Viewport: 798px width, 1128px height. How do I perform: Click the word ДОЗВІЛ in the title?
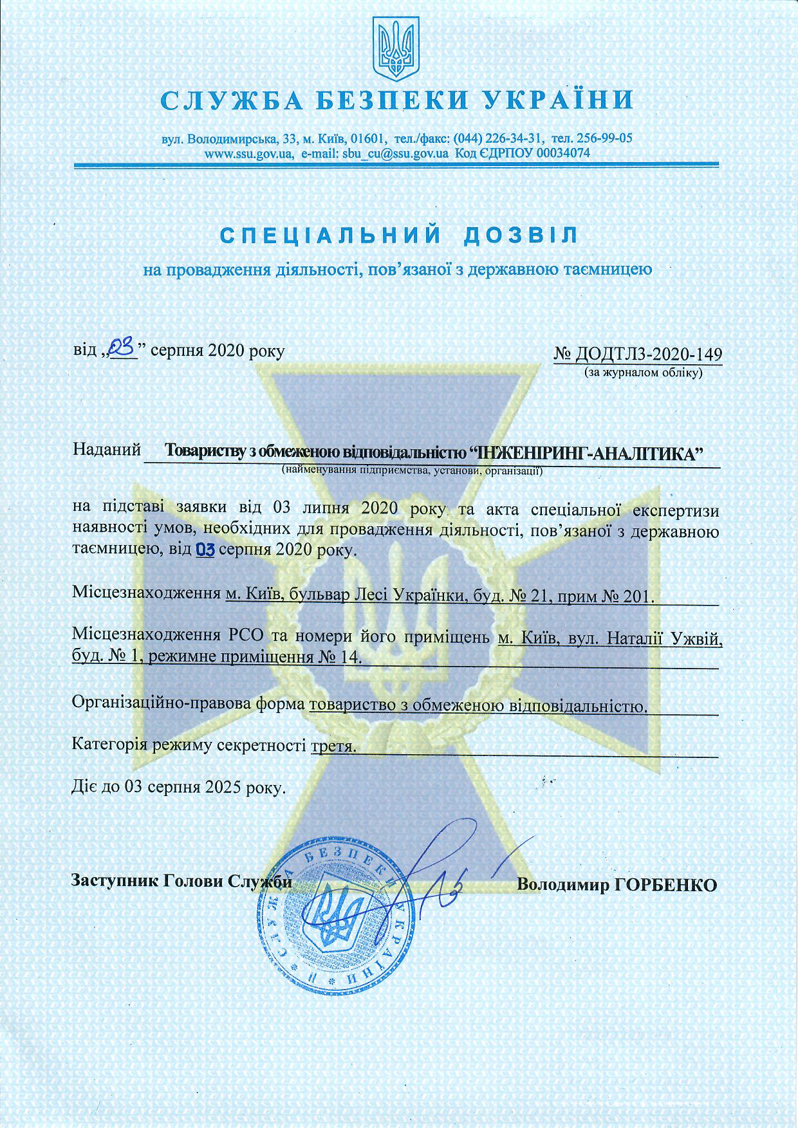[x=520, y=235]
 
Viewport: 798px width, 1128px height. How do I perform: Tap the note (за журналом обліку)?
[x=643, y=372]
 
